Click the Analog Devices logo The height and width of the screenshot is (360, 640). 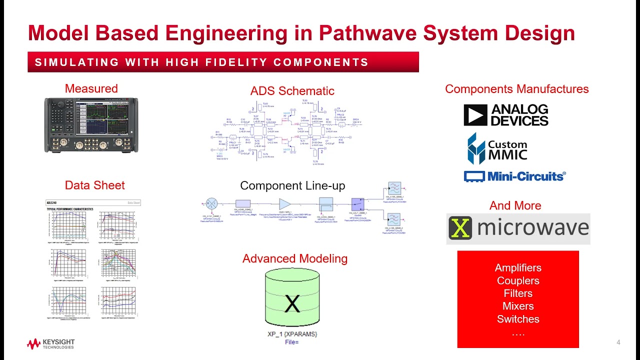pos(505,115)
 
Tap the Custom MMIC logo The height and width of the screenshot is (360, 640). pos(497,148)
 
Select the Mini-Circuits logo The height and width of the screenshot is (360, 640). pos(514,176)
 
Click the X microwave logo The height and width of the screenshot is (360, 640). pos(518,228)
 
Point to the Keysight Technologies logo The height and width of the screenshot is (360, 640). pos(50,344)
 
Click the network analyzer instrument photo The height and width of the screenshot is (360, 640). pos(91,125)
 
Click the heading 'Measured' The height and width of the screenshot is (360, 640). pos(91,88)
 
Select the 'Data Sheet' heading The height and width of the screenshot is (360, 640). pos(94,185)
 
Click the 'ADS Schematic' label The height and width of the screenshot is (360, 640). pos(292,90)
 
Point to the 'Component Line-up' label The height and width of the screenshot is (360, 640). pos(292,185)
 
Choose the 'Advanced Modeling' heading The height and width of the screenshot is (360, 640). pos(294,258)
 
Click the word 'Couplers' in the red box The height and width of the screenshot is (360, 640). pos(518,280)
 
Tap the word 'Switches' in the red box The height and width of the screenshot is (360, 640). pos(518,319)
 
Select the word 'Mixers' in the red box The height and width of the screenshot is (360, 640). pos(518,306)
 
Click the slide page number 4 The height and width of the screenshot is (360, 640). pos(618,342)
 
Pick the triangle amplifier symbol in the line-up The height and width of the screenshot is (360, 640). pos(284,203)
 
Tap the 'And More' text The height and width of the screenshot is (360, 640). pos(515,205)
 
